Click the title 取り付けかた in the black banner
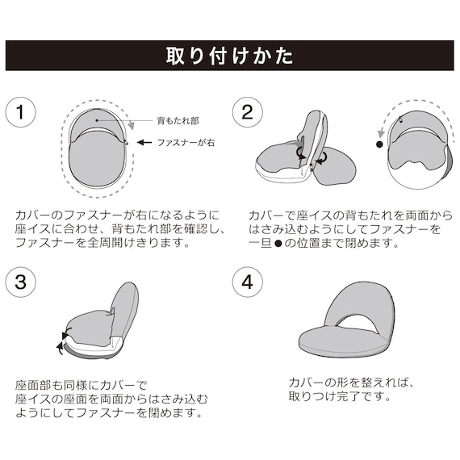pos(229,56)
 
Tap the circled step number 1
pos(23,113)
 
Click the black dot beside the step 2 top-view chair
pos(378,145)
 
